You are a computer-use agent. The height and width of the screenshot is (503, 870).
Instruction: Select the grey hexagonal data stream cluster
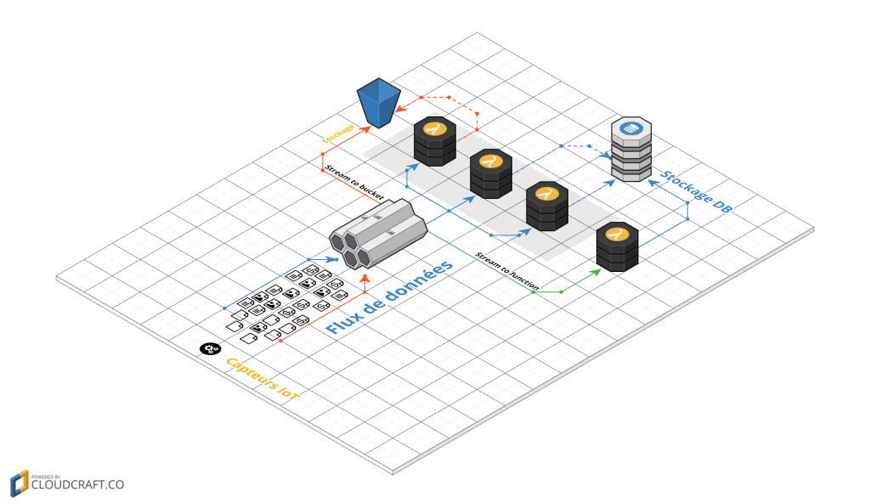click(378, 231)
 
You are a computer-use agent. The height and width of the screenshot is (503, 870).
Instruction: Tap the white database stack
click(631, 150)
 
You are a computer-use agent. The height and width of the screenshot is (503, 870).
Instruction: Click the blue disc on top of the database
click(630, 128)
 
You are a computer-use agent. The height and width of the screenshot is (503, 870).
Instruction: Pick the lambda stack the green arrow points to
click(618, 247)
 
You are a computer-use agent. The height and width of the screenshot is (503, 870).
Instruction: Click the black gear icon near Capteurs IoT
click(209, 348)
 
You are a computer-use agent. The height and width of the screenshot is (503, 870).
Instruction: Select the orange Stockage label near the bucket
click(338, 133)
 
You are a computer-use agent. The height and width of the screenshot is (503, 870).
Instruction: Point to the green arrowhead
click(598, 271)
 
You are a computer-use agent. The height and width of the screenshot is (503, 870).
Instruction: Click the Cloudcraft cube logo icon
click(19, 482)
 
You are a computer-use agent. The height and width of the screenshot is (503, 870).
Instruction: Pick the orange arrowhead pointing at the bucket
click(368, 127)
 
